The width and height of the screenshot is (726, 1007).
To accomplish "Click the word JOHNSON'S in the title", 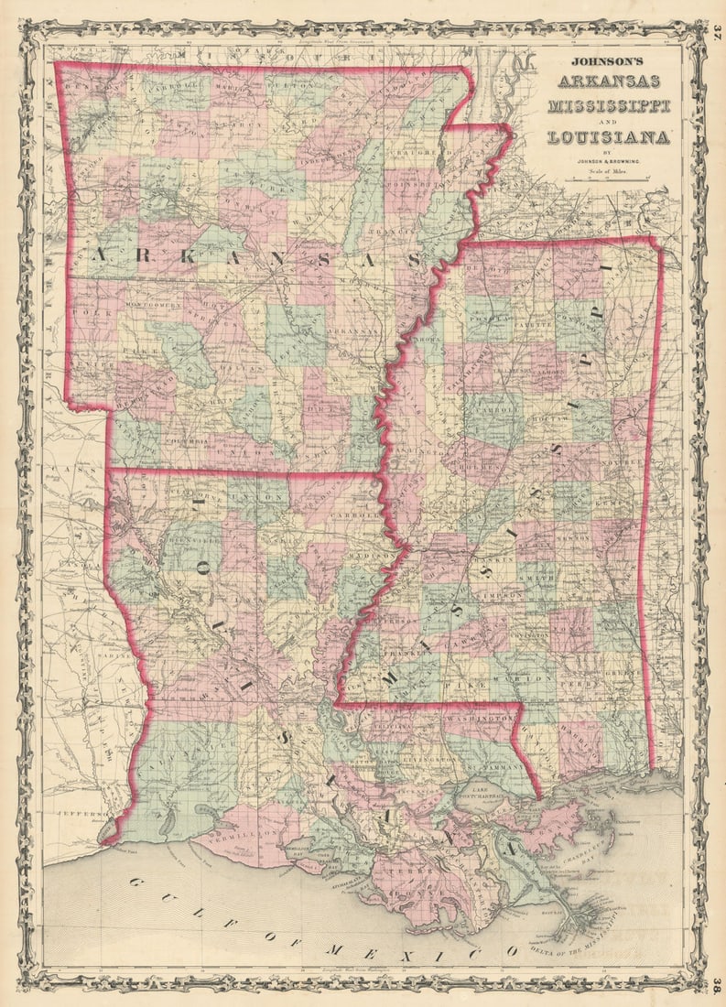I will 608,62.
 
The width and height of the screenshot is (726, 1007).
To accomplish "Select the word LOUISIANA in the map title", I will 608,137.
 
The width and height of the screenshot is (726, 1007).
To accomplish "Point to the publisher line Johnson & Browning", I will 608,162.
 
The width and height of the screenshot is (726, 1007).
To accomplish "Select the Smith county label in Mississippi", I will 536,579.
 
